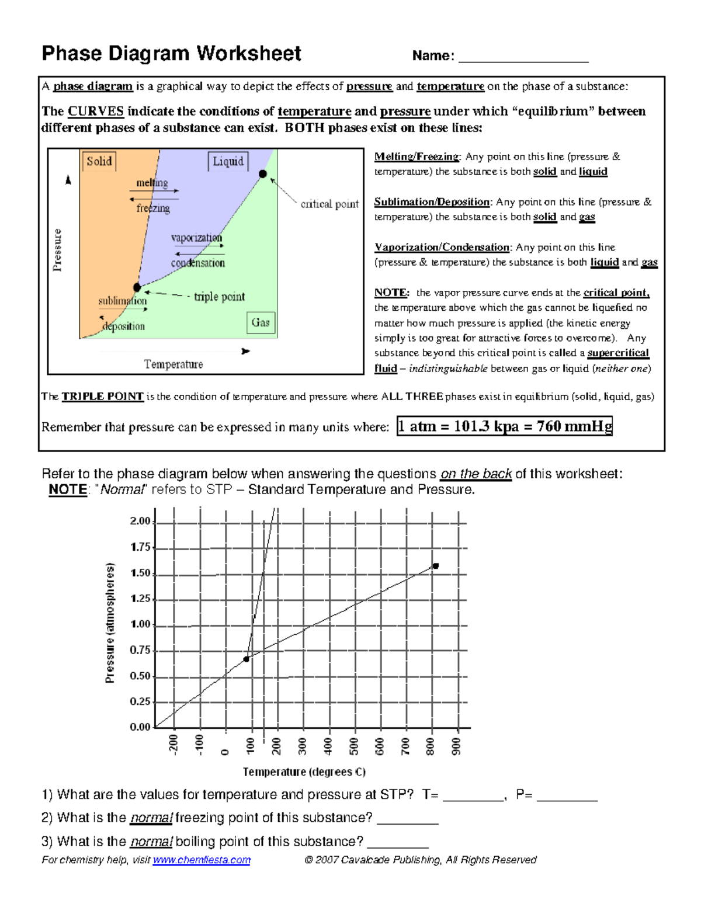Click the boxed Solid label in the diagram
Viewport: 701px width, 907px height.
pyautogui.click(x=99, y=161)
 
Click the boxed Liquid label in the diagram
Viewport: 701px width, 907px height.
pyautogui.click(x=228, y=161)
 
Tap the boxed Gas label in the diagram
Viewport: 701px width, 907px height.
pyautogui.click(x=261, y=322)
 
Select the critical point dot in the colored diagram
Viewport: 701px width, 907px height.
pyautogui.click(x=263, y=174)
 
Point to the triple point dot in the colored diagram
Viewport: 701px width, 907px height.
pyautogui.click(x=137, y=287)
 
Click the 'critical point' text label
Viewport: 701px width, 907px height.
pyautogui.click(x=329, y=204)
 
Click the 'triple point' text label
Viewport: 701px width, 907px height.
pyautogui.click(x=219, y=297)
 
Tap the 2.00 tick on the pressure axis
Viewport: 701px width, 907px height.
pyautogui.click(x=140, y=521)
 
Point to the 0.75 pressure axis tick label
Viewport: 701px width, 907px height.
pyautogui.click(x=140, y=650)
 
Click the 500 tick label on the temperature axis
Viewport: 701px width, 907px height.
pyautogui.click(x=354, y=746)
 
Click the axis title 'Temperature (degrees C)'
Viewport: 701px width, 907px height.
pyautogui.click(x=304, y=772)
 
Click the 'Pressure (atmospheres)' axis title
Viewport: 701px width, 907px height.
pyautogui.click(x=110, y=623)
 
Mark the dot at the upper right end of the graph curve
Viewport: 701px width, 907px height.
pyautogui.click(x=435, y=566)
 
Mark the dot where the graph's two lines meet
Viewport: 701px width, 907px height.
pyautogui.click(x=247, y=659)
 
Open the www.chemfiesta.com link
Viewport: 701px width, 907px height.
pyautogui.click(x=202, y=860)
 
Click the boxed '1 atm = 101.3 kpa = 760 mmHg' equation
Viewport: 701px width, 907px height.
pyautogui.click(x=505, y=426)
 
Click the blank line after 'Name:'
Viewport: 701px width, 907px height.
pyautogui.click(x=523, y=57)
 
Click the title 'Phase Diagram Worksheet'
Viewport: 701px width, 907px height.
pyautogui.click(x=171, y=54)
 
